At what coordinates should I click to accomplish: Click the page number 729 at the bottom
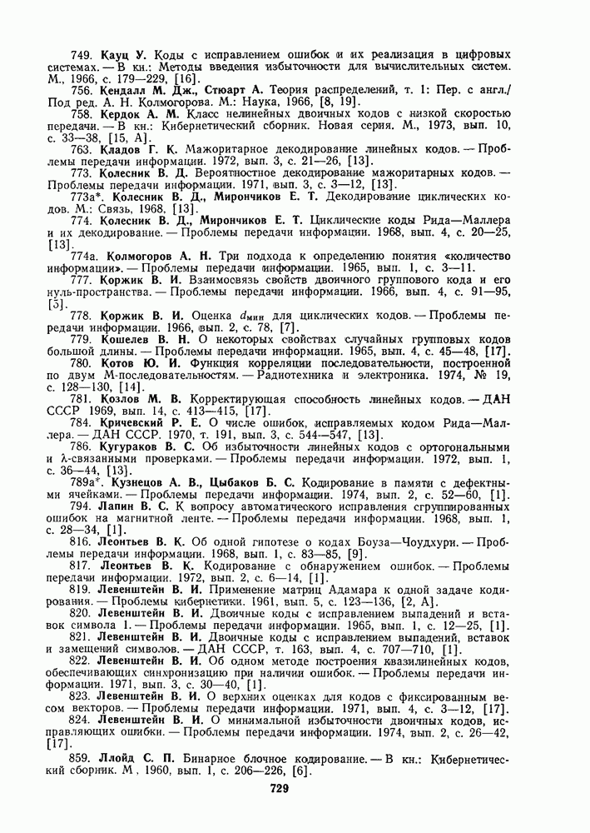tap(278, 789)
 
